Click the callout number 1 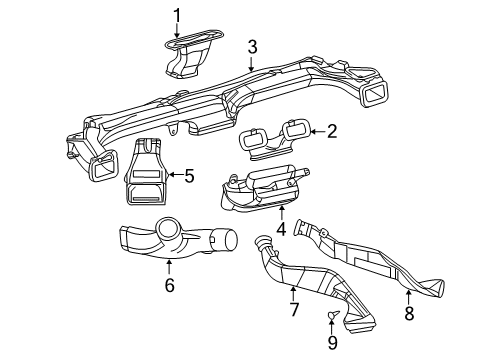click(177, 15)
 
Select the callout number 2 click(331, 129)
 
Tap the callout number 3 click(253, 46)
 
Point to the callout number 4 click(282, 227)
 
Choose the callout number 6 click(169, 286)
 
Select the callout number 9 click(332, 343)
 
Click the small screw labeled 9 click(332, 319)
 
